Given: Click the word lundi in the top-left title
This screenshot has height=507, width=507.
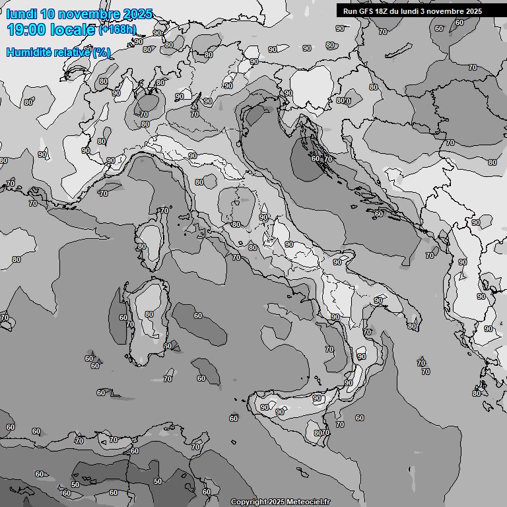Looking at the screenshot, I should pos(21,14).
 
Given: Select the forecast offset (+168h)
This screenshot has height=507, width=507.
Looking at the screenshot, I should pos(118,30).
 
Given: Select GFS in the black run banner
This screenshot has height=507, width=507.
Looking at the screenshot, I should pos(364,11).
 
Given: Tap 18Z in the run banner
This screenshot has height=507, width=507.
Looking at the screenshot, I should pos(382,11).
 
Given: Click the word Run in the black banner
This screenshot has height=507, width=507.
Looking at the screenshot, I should pos(350,11).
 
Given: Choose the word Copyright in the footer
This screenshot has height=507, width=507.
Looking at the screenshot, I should pos(248,502).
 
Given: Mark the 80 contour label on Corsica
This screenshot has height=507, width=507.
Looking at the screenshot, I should pos(142,246).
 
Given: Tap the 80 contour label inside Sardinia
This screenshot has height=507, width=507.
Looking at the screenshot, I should pos(149,314).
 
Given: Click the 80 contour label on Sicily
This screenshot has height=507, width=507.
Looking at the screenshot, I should pos(318,433).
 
